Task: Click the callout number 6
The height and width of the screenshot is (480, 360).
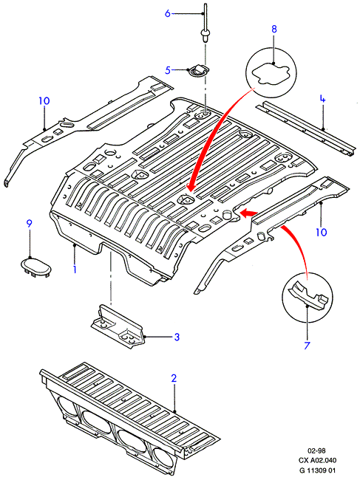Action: click(x=167, y=13)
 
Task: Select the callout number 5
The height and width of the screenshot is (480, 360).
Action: click(x=168, y=70)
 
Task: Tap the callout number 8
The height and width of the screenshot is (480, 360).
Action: click(x=274, y=29)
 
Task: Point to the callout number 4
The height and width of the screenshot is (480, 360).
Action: click(x=322, y=99)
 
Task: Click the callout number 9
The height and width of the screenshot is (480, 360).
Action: click(x=29, y=224)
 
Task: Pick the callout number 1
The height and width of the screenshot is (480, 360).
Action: click(x=75, y=269)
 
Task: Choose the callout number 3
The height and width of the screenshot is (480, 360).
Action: click(x=177, y=337)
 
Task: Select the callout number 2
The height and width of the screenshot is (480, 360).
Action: click(x=174, y=378)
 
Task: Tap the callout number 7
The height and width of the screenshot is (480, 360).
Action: click(x=307, y=346)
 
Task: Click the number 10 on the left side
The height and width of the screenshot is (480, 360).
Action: click(x=44, y=100)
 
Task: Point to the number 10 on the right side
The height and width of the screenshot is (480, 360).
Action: click(x=322, y=233)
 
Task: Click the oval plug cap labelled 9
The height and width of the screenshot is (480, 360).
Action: click(x=35, y=267)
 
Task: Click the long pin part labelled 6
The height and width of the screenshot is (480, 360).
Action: click(x=205, y=24)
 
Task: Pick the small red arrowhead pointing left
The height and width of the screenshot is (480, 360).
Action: click(x=248, y=213)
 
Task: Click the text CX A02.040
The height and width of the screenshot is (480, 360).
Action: click(x=317, y=460)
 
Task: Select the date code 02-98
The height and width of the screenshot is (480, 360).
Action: click(x=317, y=450)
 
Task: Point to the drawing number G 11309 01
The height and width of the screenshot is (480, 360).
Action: click(x=317, y=470)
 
